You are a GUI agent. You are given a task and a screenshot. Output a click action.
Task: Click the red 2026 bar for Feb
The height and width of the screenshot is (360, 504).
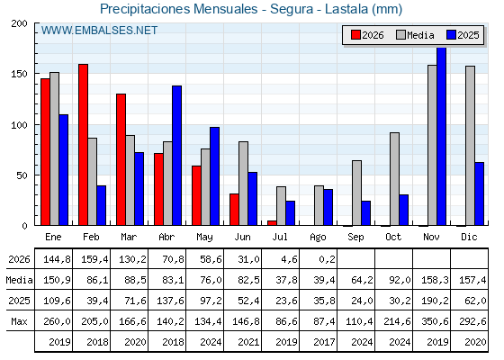click(x=83, y=145)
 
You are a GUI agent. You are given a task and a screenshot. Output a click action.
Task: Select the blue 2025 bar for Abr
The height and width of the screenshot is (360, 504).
click(x=176, y=156)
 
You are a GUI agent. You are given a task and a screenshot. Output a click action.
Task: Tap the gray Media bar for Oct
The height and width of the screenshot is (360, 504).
click(x=394, y=179)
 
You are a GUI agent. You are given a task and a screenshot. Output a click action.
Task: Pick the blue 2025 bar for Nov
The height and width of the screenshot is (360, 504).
click(x=441, y=136)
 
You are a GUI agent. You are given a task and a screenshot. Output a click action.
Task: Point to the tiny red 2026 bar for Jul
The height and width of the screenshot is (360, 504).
click(x=272, y=223)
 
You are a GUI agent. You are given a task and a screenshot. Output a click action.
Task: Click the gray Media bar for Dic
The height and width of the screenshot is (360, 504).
click(x=470, y=146)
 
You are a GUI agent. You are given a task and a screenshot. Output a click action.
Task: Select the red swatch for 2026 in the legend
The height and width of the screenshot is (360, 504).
click(x=356, y=35)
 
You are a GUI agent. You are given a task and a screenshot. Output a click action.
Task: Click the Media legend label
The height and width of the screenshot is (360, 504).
click(x=420, y=35)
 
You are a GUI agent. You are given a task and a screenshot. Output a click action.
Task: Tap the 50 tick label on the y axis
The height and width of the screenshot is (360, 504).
click(x=22, y=175)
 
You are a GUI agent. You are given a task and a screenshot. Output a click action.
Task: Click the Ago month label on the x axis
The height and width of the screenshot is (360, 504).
click(x=318, y=238)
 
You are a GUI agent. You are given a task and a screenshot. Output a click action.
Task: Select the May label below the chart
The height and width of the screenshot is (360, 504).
click(x=204, y=238)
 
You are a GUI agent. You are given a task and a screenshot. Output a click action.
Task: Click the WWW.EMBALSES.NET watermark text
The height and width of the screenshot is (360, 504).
click(x=99, y=31)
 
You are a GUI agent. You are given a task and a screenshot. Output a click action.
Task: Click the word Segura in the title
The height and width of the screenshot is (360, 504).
click(x=292, y=9)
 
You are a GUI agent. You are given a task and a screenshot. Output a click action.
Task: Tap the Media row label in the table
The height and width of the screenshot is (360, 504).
click(x=19, y=280)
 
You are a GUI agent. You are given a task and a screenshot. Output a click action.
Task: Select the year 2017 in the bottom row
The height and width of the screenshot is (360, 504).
click(x=324, y=342)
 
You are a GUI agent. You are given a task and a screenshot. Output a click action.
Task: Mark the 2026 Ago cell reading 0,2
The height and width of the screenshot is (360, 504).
click(x=327, y=259)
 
